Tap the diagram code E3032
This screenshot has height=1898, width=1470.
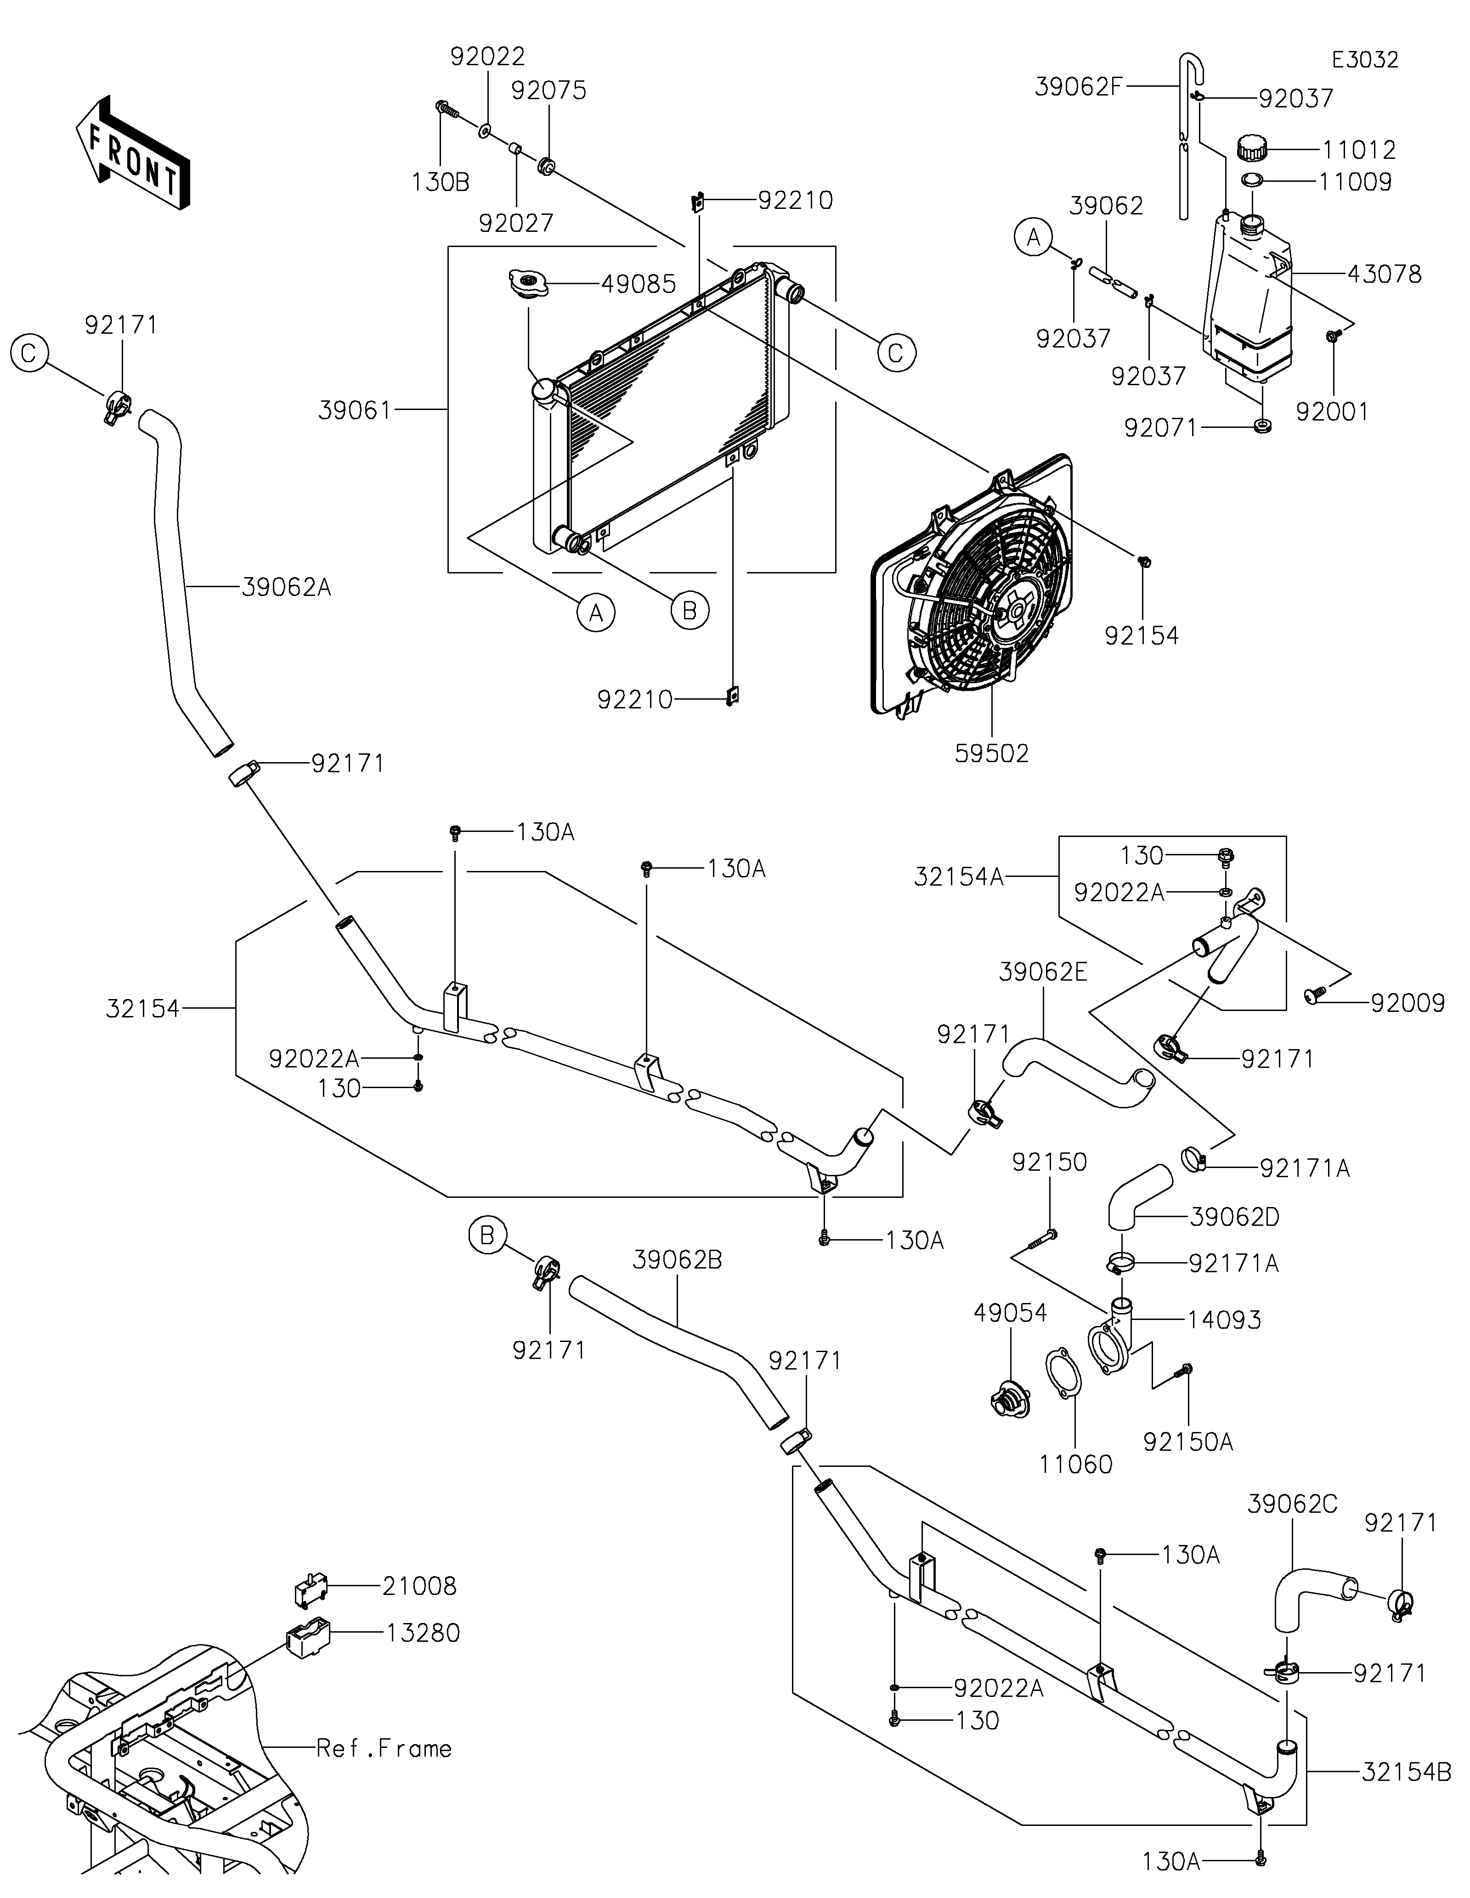coord(1365,60)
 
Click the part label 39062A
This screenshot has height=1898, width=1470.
coord(286,588)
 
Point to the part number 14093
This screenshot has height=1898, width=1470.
coord(1225,1320)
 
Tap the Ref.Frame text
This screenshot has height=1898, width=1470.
coord(384,1748)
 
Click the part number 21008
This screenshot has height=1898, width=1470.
coord(419,1586)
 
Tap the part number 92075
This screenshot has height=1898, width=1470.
coord(548,90)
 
